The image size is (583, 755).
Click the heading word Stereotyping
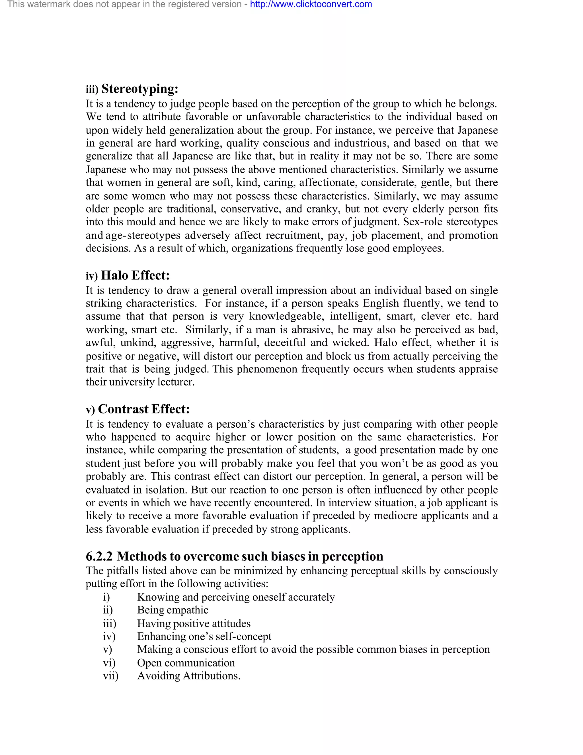[x=139, y=89]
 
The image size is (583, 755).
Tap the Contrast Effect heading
[x=144, y=409]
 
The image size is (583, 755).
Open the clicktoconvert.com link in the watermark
[x=311, y=5]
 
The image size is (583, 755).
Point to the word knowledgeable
[x=287, y=317]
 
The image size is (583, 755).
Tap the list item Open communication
[x=186, y=663]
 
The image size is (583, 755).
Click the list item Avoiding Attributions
[x=188, y=676]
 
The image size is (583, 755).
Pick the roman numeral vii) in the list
[x=110, y=676]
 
